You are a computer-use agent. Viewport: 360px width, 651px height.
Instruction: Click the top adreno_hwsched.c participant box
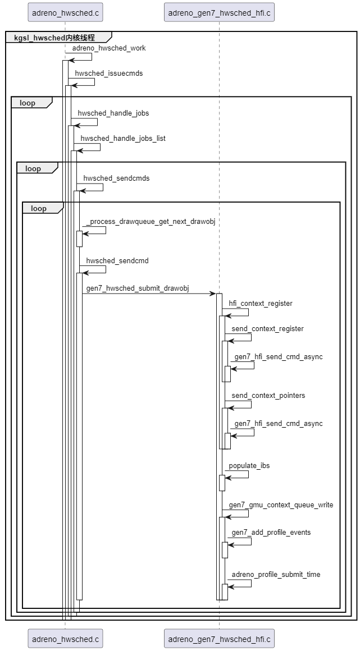pos(65,11)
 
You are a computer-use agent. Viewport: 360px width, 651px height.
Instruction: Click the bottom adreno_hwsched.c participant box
pos(65,639)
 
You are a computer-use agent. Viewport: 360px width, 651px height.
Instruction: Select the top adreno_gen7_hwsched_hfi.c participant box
pos(219,11)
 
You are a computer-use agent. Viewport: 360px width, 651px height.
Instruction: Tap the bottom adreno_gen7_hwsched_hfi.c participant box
pos(219,639)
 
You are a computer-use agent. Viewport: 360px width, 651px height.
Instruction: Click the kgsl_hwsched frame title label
pos(54,38)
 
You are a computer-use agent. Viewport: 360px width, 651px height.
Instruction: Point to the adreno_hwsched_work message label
pos(109,48)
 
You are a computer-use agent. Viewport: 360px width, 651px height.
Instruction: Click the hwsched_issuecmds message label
pos(109,73)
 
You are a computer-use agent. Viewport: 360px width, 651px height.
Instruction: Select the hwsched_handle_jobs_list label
pos(123,138)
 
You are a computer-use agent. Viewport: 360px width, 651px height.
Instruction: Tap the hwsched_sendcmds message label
pos(116,178)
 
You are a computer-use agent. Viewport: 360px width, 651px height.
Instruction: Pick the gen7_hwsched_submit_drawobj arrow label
pos(138,288)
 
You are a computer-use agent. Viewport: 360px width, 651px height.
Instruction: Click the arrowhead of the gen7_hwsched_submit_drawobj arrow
pos(213,294)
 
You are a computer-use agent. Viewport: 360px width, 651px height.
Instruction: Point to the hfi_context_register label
pos(261,304)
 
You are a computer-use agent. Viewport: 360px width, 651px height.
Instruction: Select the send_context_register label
pos(267,329)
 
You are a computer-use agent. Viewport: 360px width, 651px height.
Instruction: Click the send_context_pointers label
pos(268,396)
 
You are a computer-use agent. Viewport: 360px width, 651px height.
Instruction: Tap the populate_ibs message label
pos(249,466)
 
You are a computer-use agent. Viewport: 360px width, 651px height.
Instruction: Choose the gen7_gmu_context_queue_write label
pos(281,505)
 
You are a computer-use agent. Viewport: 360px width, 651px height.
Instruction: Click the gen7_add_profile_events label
pos(271,532)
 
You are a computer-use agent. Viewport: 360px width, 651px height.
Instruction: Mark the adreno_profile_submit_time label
pos(276,575)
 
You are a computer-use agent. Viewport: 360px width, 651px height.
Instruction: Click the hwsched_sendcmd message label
pos(117,261)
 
